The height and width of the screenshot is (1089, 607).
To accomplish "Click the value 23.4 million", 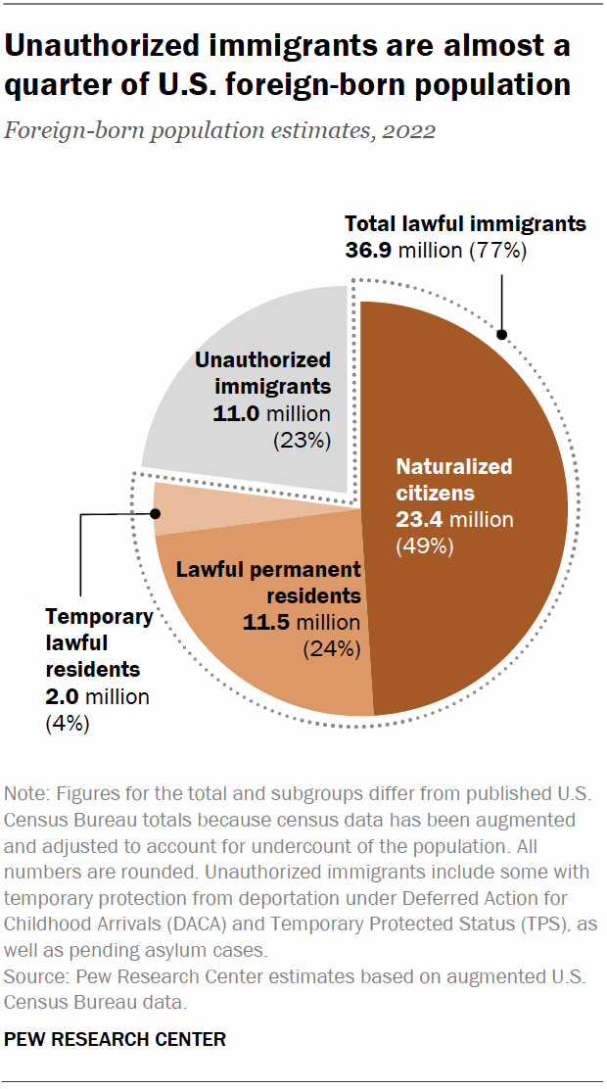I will tap(453, 520).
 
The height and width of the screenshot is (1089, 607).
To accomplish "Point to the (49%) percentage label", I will tap(424, 546).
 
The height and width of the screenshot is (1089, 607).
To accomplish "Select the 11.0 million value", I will tap(272, 413).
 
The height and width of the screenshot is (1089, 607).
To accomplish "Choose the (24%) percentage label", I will tap(332, 648).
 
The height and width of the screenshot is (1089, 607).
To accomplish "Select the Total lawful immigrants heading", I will tap(465, 223).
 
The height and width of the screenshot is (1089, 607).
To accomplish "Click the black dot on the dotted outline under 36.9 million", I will tap(501, 335).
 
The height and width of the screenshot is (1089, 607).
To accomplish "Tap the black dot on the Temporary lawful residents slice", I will tap(156, 511).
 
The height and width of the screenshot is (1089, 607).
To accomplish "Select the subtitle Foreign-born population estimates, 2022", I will tap(220, 130).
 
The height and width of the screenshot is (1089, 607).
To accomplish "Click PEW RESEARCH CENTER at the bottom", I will tap(116, 1039).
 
